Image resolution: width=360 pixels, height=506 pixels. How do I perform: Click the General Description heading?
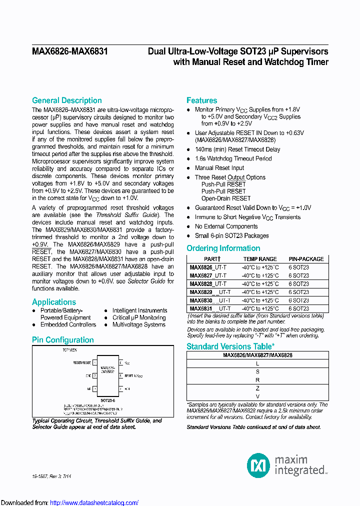66,100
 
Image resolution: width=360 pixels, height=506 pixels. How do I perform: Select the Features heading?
201,100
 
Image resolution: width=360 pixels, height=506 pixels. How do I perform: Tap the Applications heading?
54,302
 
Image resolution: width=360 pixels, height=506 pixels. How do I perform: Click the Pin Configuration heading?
62,340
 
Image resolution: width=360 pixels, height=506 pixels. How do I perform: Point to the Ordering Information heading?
223,248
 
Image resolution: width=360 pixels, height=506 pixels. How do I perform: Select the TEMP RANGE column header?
259,259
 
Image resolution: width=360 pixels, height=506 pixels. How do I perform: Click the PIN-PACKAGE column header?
306,259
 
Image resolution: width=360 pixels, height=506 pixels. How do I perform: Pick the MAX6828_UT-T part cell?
208,284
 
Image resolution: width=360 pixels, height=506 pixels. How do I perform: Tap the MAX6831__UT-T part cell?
210,309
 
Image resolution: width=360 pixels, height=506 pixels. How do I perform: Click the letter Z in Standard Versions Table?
257,388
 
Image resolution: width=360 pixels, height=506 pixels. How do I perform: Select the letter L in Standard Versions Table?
257,364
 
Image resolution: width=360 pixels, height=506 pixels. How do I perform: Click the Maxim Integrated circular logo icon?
258,465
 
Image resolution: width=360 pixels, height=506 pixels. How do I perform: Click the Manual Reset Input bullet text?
219,168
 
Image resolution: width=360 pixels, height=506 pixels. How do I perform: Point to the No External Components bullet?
226,226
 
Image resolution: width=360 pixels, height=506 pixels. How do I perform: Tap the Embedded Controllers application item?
68,324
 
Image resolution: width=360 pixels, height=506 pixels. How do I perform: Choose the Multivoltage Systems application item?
138,324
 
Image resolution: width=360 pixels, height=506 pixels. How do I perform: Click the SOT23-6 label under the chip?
107,400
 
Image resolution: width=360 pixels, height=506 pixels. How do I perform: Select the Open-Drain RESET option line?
226,198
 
